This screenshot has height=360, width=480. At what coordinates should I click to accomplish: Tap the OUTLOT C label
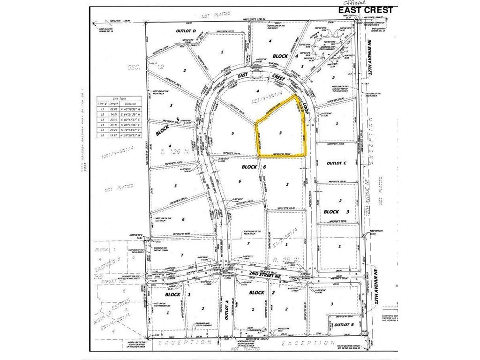pyautogui.click(x=336, y=163)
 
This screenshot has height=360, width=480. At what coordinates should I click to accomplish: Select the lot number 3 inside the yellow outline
pyautogui.click(x=280, y=133)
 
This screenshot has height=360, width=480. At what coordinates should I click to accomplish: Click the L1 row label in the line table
pyautogui.click(x=100, y=108)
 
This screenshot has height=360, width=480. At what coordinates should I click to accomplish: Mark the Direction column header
pyautogui.click(x=131, y=104)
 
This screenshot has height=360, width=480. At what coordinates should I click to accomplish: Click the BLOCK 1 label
pyautogui.click(x=172, y=295)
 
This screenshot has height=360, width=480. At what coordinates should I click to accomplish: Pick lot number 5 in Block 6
pyautogui.click(x=232, y=133)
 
